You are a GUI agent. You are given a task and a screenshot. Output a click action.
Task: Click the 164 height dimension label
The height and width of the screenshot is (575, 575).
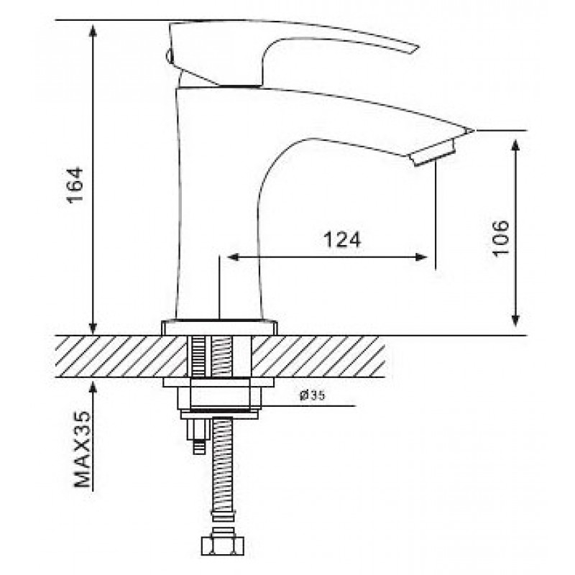(x=75, y=185)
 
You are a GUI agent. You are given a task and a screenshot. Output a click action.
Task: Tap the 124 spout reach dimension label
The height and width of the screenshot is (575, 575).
(x=342, y=240)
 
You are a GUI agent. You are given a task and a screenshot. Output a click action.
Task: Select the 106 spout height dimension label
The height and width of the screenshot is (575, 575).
(x=500, y=239)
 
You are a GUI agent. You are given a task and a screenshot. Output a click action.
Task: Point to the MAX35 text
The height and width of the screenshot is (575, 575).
(x=83, y=449)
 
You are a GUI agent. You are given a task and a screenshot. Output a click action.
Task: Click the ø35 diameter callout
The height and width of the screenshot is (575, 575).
(x=312, y=395)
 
